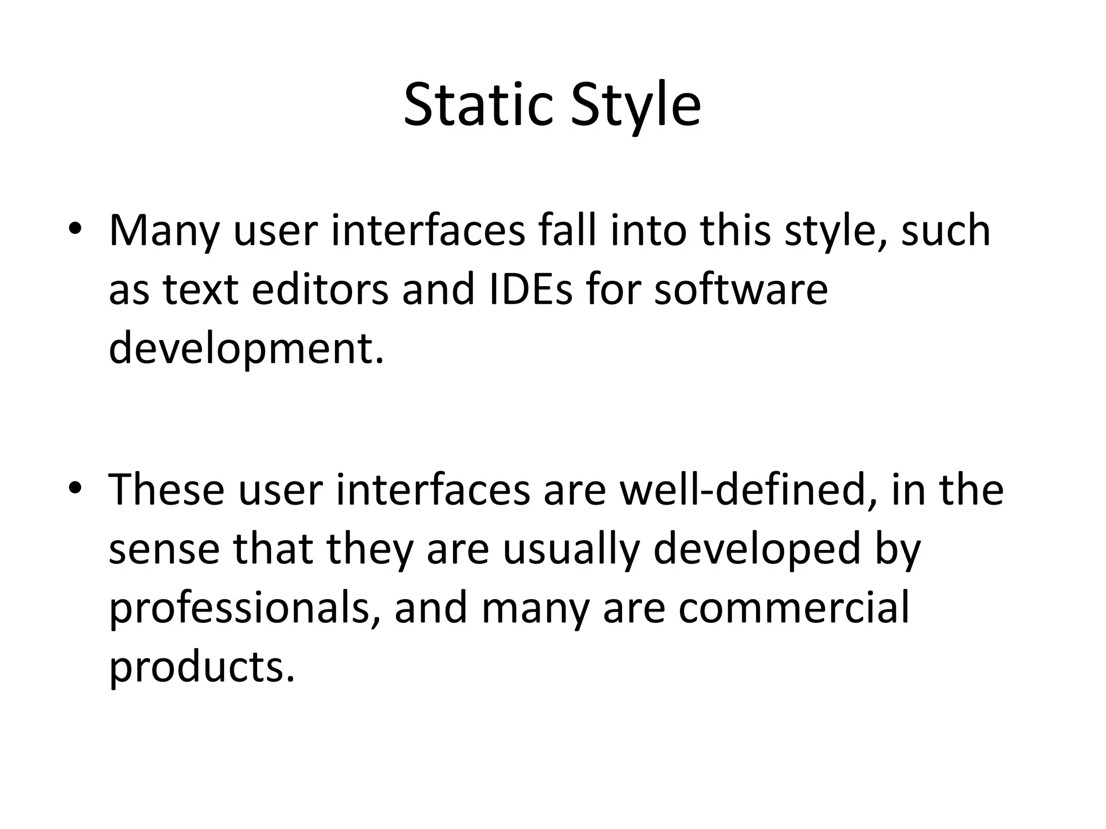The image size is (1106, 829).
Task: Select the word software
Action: pos(741,289)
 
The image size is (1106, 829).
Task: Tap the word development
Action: pos(246,348)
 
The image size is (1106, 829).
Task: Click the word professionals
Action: pos(246,607)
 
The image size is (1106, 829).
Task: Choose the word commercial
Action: pos(794,607)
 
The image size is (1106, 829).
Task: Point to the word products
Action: pos(202,667)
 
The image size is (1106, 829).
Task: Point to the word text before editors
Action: pos(201,289)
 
